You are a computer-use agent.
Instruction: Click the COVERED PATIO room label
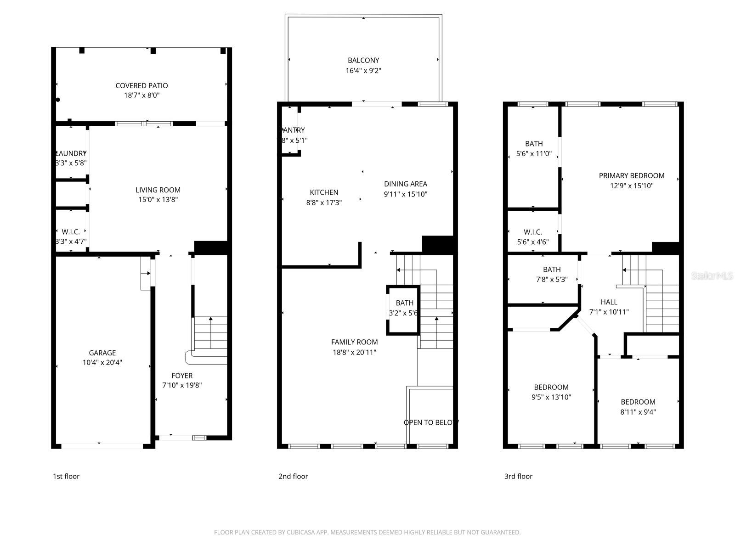point(141,85)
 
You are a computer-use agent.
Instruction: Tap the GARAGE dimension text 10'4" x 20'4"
point(102,362)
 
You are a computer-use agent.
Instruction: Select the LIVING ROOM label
point(158,190)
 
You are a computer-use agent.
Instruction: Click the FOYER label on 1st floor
point(182,376)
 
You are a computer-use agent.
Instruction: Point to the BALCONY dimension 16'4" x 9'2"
point(363,71)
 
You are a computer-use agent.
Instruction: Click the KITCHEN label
point(324,192)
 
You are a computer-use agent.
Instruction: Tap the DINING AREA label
point(406,184)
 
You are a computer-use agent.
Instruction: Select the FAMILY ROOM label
point(354,342)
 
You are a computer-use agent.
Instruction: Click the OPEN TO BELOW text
point(430,422)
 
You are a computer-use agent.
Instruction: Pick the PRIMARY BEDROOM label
point(631,175)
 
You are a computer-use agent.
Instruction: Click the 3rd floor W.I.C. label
point(532,232)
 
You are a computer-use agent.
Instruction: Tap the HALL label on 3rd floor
point(609,302)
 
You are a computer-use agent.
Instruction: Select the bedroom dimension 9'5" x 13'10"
point(551,397)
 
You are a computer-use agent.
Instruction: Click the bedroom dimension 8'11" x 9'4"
point(638,412)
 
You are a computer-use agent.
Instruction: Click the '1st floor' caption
point(66,476)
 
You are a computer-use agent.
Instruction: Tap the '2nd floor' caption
point(293,476)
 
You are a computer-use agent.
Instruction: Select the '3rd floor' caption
point(518,476)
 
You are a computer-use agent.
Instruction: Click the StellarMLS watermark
point(712,275)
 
